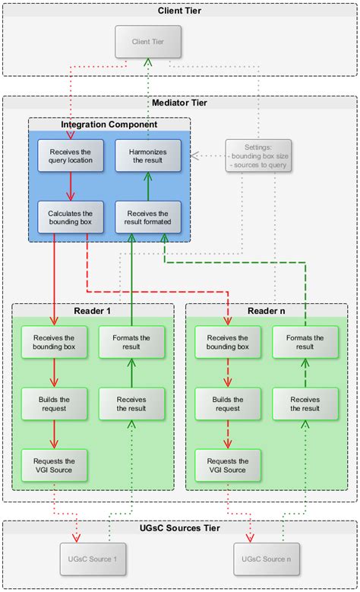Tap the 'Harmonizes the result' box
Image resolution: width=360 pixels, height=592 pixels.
[x=148, y=155]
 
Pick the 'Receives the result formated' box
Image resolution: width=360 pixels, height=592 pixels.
[x=148, y=217]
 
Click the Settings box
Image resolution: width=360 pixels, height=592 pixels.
[x=257, y=156]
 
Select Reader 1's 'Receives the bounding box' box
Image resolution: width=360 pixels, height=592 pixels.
[x=55, y=343]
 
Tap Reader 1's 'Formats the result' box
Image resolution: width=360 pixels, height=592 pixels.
[x=131, y=343]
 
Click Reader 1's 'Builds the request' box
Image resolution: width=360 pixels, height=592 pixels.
[x=55, y=404]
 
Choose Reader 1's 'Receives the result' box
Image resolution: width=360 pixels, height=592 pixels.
[x=131, y=404]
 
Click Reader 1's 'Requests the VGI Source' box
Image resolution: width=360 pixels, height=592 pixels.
[x=55, y=465]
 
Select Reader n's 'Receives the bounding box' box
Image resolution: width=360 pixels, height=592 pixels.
[x=228, y=343]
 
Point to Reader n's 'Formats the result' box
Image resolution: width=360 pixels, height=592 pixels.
[x=305, y=343]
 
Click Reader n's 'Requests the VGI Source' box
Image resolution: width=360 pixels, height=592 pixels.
[x=228, y=465]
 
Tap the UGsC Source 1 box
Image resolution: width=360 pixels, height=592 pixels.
[x=93, y=559]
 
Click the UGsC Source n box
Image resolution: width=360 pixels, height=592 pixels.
[x=266, y=559]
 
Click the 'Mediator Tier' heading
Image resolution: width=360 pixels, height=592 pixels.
[x=180, y=103]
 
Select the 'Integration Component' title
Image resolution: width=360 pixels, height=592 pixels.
[x=109, y=124]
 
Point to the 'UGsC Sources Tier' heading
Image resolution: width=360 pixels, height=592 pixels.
[x=180, y=527]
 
